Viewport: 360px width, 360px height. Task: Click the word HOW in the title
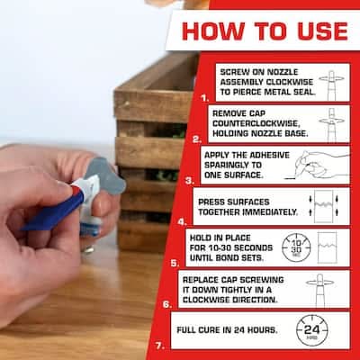point(213,31)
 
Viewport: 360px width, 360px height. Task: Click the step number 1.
point(205,98)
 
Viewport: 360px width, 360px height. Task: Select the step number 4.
point(182,221)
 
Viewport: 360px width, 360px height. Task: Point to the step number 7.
point(159,346)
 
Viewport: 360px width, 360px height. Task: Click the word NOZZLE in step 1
point(283,72)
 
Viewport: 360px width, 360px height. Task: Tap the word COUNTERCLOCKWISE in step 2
point(256,123)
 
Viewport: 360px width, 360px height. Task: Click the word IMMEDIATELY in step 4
point(270,211)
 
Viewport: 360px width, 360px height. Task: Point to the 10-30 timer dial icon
point(296,247)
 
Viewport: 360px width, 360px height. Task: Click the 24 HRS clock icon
point(312,330)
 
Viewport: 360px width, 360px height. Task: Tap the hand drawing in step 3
point(318,165)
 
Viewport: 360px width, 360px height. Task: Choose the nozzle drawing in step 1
point(331,85)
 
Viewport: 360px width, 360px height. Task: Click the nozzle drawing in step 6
point(319,290)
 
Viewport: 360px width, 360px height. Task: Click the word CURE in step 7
point(209,330)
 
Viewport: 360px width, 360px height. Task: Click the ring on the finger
point(88,248)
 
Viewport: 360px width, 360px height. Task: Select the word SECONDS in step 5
point(253,247)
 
